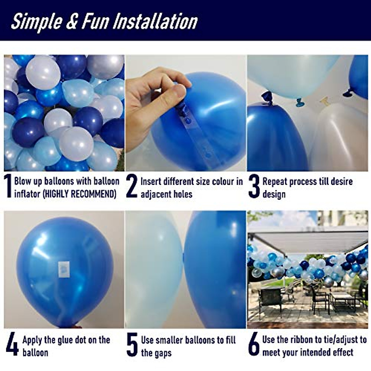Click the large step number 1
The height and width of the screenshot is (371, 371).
pos(8,186)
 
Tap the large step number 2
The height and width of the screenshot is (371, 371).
pos(132,186)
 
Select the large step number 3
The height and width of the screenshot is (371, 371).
pos(254,186)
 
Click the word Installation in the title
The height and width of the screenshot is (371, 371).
pos(155,22)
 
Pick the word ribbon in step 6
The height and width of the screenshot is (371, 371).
pos(298,339)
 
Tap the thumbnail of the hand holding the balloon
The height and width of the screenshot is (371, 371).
pos(185,113)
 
